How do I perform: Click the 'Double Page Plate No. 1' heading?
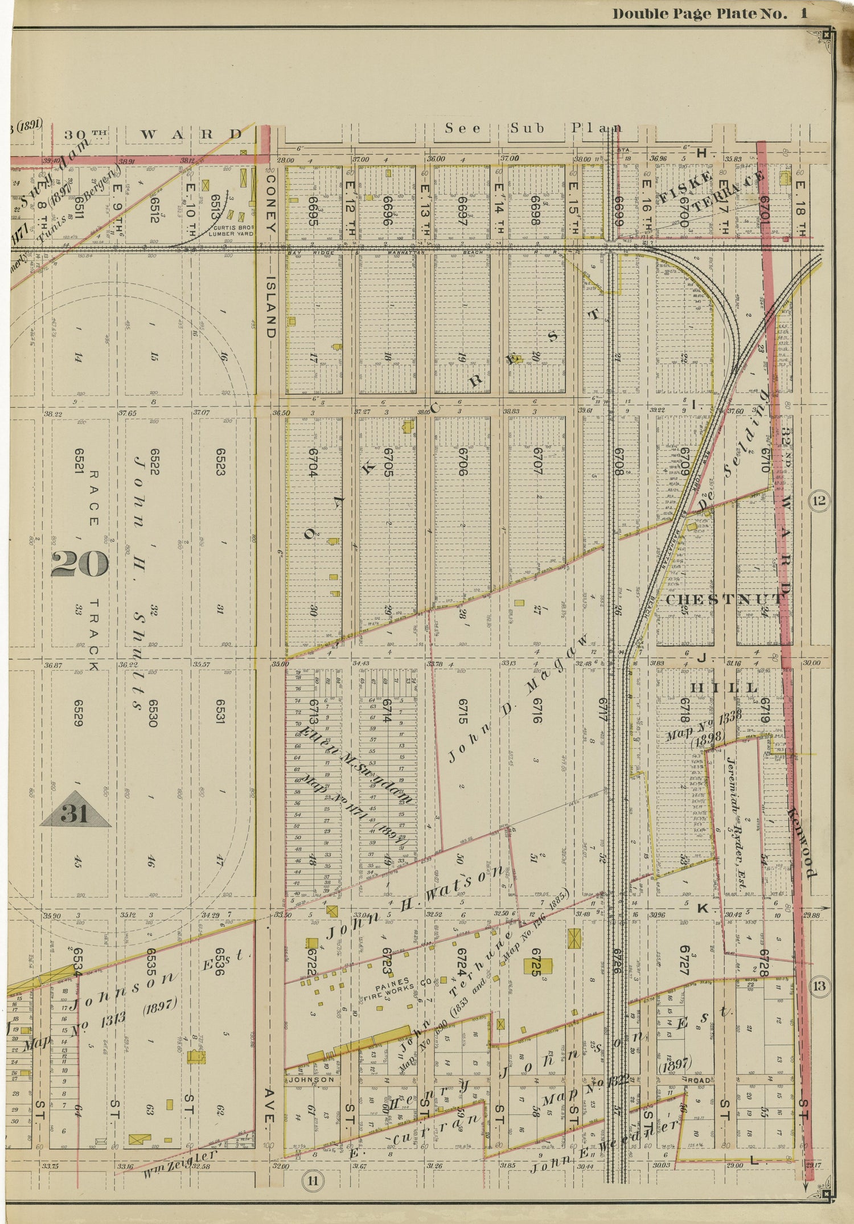[709, 14]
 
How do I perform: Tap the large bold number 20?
[79, 564]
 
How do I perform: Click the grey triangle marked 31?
[75, 811]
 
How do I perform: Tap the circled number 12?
[819, 501]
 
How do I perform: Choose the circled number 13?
[819, 984]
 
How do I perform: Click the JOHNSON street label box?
[311, 1079]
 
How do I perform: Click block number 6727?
[685, 961]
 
